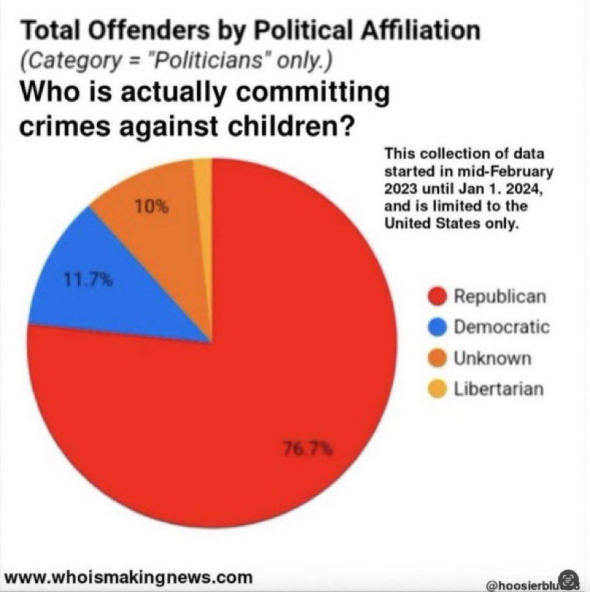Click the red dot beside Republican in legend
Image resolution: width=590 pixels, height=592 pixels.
[438, 297]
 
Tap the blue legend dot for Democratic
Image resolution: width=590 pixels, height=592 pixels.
[438, 328]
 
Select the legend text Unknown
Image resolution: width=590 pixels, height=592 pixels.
[492, 358]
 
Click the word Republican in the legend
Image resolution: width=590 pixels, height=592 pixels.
[499, 297]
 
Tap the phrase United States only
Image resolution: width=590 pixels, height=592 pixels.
[450, 223]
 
